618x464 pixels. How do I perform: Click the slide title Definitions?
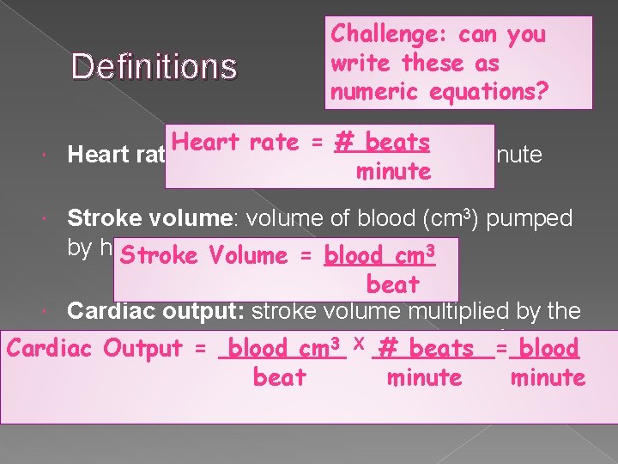[x=154, y=65]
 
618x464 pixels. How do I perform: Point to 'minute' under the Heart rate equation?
[x=392, y=171]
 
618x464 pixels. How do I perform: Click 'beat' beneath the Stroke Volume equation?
[x=392, y=284]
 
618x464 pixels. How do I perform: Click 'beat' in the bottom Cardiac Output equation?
[x=280, y=377]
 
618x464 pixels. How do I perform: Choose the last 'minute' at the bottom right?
[x=548, y=377]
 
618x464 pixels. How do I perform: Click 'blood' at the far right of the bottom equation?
[x=549, y=348]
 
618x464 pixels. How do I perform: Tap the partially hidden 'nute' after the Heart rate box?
[x=524, y=156]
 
